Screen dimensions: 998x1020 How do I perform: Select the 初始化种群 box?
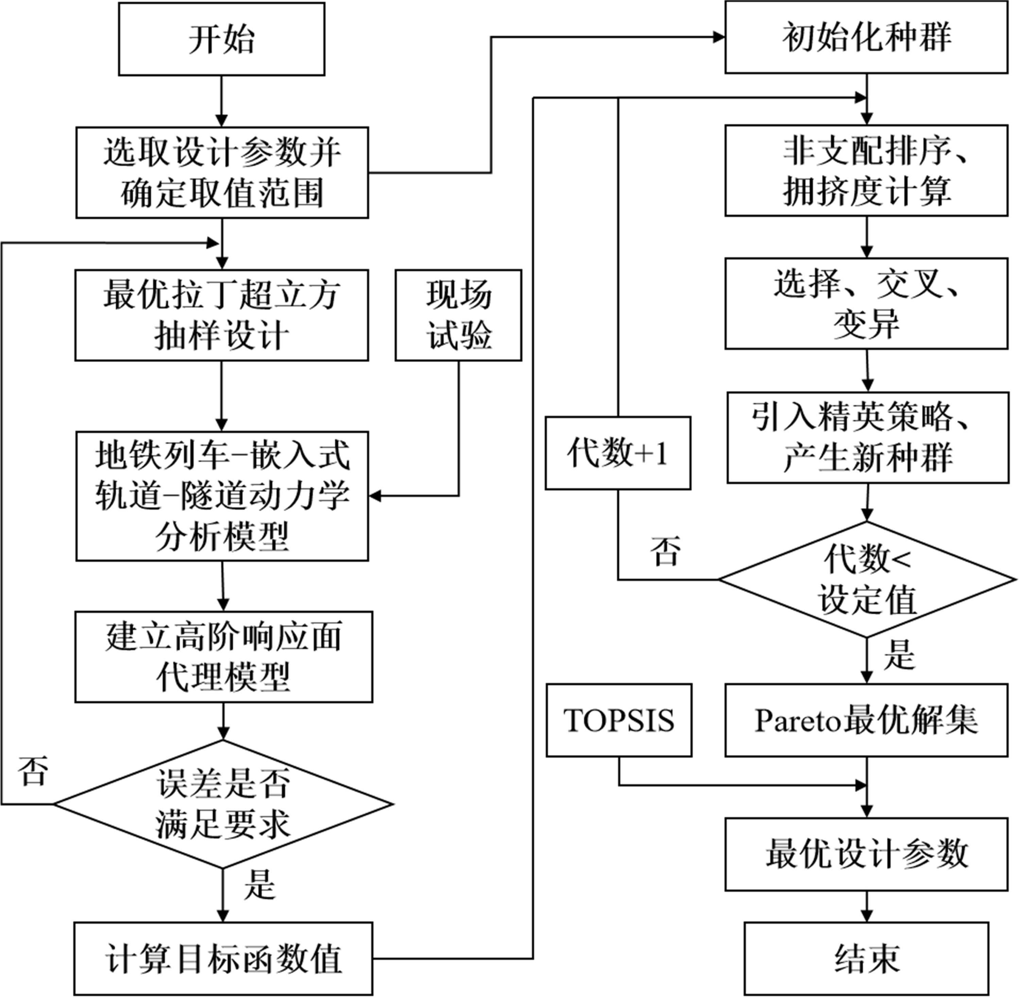point(866,37)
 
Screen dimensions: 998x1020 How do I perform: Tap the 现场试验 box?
point(458,315)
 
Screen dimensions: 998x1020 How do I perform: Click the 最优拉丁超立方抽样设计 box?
point(221,315)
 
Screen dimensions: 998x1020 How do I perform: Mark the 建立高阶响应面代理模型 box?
point(223,657)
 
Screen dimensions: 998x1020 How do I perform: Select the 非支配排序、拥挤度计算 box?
point(866,170)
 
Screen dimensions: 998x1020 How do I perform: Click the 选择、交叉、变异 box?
point(866,304)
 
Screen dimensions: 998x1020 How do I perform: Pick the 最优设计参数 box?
point(866,854)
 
